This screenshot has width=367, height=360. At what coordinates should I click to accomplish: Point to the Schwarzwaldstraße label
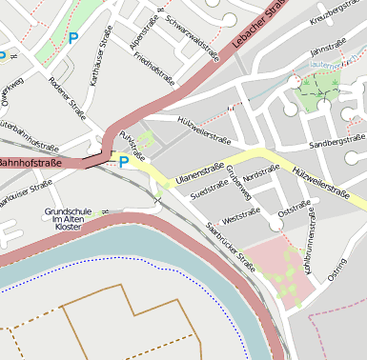point(192,37)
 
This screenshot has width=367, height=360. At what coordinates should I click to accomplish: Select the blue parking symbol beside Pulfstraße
point(123,163)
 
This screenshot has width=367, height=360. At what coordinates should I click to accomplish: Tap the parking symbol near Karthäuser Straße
point(73,39)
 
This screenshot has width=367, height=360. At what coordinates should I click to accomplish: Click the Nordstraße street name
point(260,172)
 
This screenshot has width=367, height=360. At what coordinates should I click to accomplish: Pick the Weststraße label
point(240,215)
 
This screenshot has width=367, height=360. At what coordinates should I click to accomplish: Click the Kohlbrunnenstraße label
point(310,250)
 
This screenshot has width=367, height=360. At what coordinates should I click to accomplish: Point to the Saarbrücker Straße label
point(230,246)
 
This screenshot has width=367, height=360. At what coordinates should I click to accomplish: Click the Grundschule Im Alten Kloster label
point(68,219)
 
